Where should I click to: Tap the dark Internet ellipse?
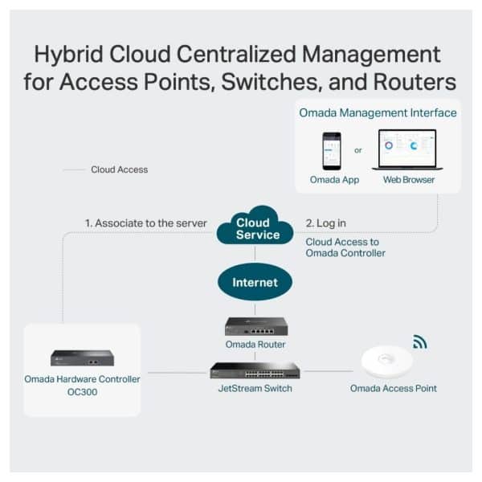tap(255, 282)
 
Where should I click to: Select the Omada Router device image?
tap(255, 326)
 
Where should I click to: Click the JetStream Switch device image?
tap(255, 370)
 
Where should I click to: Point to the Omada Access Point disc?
tap(386, 360)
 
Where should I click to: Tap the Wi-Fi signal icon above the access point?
tap(419, 342)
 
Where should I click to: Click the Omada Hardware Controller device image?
tap(82, 357)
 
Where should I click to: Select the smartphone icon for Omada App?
tap(332, 150)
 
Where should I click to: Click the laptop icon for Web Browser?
tap(408, 150)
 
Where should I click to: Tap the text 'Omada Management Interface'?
tap(378, 112)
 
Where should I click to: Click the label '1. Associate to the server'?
tap(146, 223)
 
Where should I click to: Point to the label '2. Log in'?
tap(326, 223)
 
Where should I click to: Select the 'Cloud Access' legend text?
tap(119, 170)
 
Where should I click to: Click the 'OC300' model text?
tap(82, 393)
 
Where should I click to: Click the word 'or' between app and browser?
tap(357, 150)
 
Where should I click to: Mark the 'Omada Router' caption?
tap(255, 345)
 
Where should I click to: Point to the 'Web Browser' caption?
tap(409, 180)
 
